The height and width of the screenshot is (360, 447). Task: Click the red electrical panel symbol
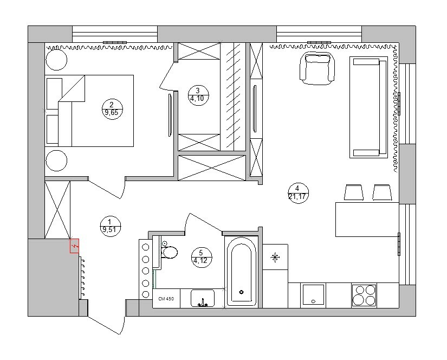coord(74,246)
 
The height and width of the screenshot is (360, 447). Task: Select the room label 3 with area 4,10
coord(198,95)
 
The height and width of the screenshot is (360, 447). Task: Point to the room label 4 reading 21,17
coord(298,193)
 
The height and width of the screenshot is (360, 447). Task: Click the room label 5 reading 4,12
coord(202,258)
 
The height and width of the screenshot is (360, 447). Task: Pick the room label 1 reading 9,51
coord(111,226)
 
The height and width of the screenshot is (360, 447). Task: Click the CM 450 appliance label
coord(166,299)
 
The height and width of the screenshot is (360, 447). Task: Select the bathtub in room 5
coord(242,272)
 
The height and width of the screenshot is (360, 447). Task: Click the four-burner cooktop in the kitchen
coord(364,295)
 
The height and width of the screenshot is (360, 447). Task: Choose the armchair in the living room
coord(317,68)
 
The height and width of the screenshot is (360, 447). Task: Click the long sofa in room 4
coord(368,107)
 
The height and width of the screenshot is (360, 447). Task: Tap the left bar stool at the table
coord(354,192)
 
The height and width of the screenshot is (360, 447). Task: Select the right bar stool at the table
coord(382,192)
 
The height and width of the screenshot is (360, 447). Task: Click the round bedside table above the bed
coord(56,60)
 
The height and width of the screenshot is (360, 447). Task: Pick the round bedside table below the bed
coord(56,160)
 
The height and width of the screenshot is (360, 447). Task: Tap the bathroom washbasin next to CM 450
coord(203,298)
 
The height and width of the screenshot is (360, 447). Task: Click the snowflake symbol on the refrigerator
coord(275,258)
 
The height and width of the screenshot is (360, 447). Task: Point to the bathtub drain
coord(242,292)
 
